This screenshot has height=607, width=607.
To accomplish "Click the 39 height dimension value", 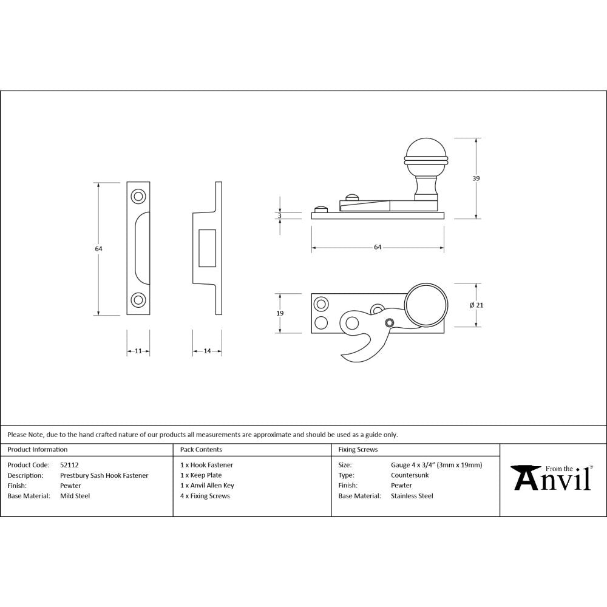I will pyautogui.click(x=476, y=178).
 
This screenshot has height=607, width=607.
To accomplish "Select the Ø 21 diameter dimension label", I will pyautogui.click(x=476, y=305).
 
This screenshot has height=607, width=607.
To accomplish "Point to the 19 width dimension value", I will pyautogui.click(x=280, y=313).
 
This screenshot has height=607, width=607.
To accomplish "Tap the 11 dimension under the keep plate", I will pyautogui.click(x=138, y=351).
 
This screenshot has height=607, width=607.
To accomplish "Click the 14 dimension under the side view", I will pyautogui.click(x=207, y=351).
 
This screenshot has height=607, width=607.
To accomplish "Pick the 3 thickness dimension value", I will pyautogui.click(x=280, y=215).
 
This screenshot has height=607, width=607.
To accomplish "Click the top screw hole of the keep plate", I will pyautogui.click(x=138, y=196).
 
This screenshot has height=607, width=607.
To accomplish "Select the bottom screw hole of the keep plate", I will pyautogui.click(x=138, y=300).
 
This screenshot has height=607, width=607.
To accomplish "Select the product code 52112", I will pyautogui.click(x=69, y=465).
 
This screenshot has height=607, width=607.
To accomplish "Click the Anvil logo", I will pyautogui.click(x=552, y=478).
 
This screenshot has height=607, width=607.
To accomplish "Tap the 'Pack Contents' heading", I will pyautogui.click(x=201, y=450).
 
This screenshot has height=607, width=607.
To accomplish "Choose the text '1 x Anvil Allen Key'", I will pyautogui.click(x=207, y=486).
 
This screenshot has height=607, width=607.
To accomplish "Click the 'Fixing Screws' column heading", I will pyautogui.click(x=358, y=450).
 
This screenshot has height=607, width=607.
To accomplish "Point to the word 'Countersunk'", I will pyautogui.click(x=410, y=475).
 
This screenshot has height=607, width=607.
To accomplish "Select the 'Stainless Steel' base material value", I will pyautogui.click(x=412, y=496).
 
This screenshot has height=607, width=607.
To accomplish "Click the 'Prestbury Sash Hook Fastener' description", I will pyautogui.click(x=104, y=475).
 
